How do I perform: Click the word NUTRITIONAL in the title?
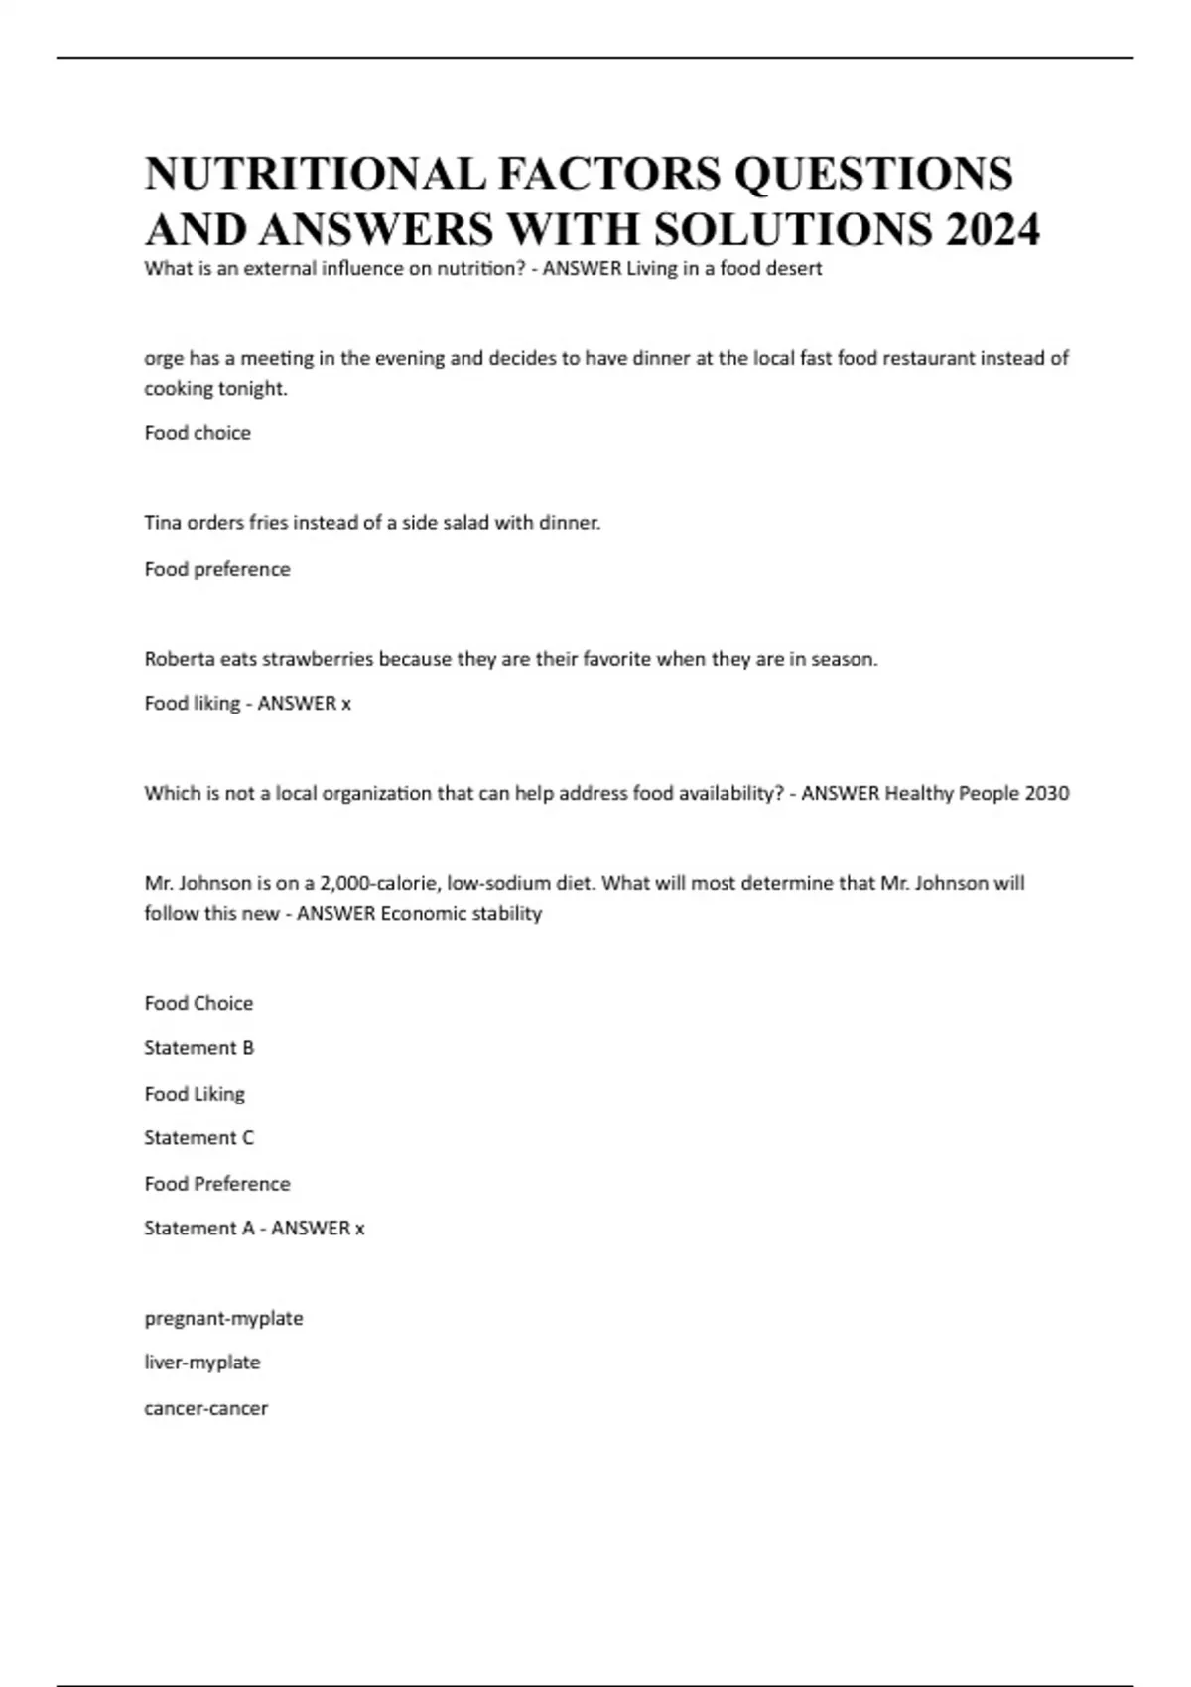click(x=315, y=174)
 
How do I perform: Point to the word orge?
click(x=164, y=359)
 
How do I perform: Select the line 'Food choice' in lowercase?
click(x=198, y=433)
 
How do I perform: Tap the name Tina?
click(x=163, y=523)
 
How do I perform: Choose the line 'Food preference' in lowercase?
click(x=217, y=569)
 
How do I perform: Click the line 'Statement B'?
click(x=198, y=1048)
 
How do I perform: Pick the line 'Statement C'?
click(x=198, y=1138)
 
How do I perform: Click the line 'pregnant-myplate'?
click(x=223, y=1319)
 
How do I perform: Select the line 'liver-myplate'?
click(x=202, y=1363)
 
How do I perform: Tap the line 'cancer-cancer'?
click(x=205, y=1408)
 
